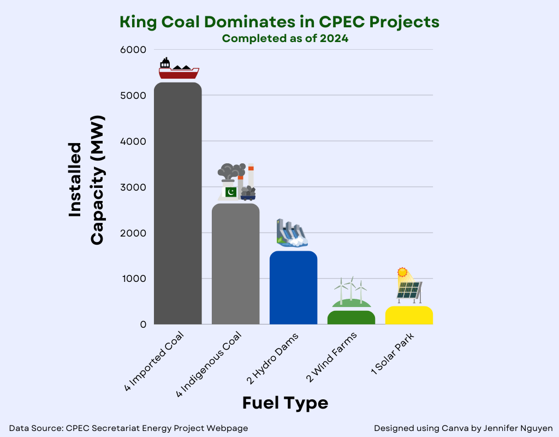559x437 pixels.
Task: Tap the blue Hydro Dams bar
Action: (x=293, y=287)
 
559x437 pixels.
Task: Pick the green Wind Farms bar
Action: (x=351, y=317)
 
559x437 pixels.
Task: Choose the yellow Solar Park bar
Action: (x=409, y=315)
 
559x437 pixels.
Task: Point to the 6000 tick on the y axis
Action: (x=135, y=50)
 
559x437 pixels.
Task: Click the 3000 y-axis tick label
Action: (x=135, y=187)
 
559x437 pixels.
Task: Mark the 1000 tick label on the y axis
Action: (x=135, y=279)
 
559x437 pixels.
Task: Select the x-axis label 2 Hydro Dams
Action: (x=273, y=357)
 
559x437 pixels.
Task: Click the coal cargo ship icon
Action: (x=179, y=69)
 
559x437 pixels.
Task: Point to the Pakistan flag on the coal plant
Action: (x=231, y=192)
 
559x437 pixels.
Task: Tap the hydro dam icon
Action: (x=292, y=233)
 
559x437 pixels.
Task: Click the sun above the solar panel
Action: (x=402, y=271)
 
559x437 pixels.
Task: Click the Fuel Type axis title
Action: (x=285, y=403)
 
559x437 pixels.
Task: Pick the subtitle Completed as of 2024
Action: (x=285, y=38)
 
